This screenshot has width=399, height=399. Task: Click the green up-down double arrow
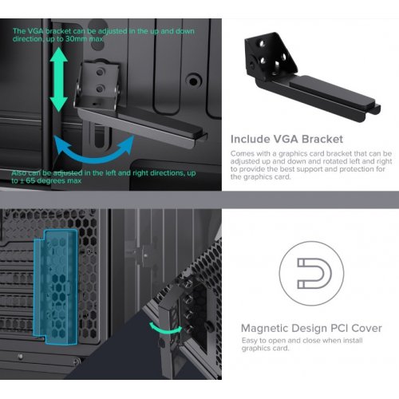[58, 80]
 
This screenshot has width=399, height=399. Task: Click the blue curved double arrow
[94, 158]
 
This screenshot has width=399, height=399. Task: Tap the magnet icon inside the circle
[314, 273]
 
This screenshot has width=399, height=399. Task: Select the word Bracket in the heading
[322, 139]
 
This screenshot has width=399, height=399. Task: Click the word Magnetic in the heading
[265, 329]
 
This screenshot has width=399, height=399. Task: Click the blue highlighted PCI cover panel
[56, 286]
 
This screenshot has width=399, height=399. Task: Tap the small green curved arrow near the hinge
[165, 329]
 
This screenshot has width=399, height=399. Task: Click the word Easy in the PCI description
[250, 341]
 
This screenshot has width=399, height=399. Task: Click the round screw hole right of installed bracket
[193, 81]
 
